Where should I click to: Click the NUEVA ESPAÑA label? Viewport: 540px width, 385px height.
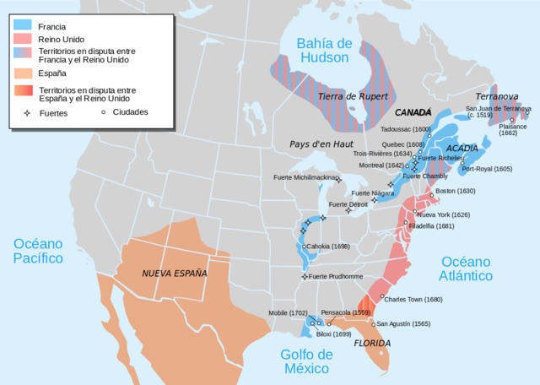(x=174, y=273)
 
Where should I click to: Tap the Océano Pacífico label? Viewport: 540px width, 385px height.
(x=38, y=251)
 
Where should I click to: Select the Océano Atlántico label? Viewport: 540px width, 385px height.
(x=467, y=268)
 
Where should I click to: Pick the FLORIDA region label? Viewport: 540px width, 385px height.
(x=371, y=343)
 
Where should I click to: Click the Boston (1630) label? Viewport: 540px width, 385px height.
(x=456, y=191)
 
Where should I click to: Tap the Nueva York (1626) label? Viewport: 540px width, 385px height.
(x=443, y=214)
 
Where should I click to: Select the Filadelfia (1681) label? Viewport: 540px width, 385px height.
(x=431, y=225)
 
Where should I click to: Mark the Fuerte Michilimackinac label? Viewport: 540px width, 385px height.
(x=304, y=177)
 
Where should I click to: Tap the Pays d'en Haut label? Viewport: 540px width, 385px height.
(x=321, y=144)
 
